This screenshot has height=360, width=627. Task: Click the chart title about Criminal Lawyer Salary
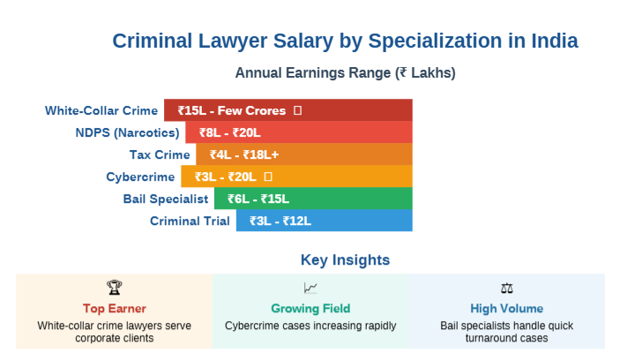pyautogui.click(x=346, y=41)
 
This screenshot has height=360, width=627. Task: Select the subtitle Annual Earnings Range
pyautogui.click(x=345, y=73)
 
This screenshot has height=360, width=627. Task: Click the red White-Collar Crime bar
pyautogui.click(x=287, y=110)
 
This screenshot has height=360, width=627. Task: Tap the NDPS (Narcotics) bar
pyautogui.click(x=298, y=132)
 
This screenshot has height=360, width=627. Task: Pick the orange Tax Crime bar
pyautogui.click(x=303, y=154)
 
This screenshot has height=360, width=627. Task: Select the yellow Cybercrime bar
pyautogui.click(x=296, y=176)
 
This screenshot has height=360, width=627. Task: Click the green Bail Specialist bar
pyautogui.click(x=313, y=199)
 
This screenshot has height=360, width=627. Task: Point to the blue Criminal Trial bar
pyautogui.click(x=324, y=221)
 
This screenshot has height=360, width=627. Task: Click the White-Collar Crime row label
pyautogui.click(x=101, y=111)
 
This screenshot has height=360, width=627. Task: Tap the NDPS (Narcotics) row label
pyautogui.click(x=127, y=133)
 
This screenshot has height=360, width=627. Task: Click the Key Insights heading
pyautogui.click(x=345, y=260)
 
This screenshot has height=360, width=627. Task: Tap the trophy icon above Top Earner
pyautogui.click(x=115, y=288)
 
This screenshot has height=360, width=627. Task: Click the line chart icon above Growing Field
pyautogui.click(x=310, y=288)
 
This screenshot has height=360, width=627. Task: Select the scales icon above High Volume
pyautogui.click(x=506, y=288)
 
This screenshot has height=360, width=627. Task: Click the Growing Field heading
pyautogui.click(x=310, y=309)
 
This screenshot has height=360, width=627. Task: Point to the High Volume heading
pyautogui.click(x=506, y=309)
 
